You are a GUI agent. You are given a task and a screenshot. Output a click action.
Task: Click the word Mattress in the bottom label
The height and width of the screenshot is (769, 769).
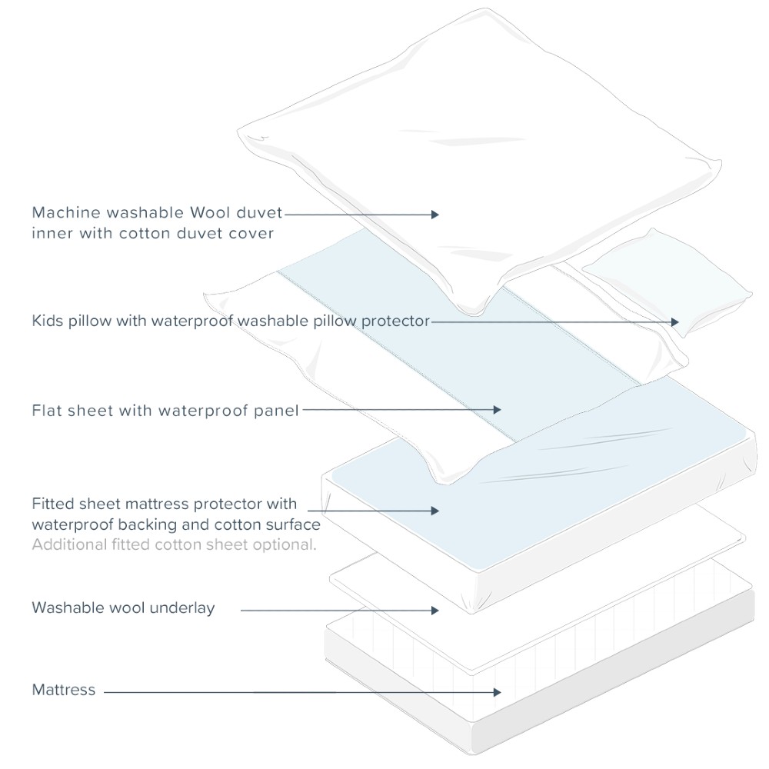pos(64,690)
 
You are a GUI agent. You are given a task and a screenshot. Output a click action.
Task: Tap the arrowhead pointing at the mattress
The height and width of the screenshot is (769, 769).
pos(498,692)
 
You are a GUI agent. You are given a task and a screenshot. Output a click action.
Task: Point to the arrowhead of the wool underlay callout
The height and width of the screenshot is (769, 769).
pos(434,610)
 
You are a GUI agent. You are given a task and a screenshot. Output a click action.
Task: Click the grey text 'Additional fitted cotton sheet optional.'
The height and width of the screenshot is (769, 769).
pos(174,544)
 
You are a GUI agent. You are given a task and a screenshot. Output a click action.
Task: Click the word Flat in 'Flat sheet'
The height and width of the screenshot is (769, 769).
pos(47,410)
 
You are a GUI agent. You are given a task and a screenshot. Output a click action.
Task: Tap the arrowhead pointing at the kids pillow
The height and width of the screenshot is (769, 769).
pos(675,322)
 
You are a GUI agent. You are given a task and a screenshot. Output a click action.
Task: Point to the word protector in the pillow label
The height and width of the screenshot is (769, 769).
pos(396,321)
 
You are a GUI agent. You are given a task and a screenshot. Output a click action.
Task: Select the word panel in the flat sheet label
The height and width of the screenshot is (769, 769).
pos(276,410)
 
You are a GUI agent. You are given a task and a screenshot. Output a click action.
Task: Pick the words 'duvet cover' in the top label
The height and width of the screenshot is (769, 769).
pos(231,232)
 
